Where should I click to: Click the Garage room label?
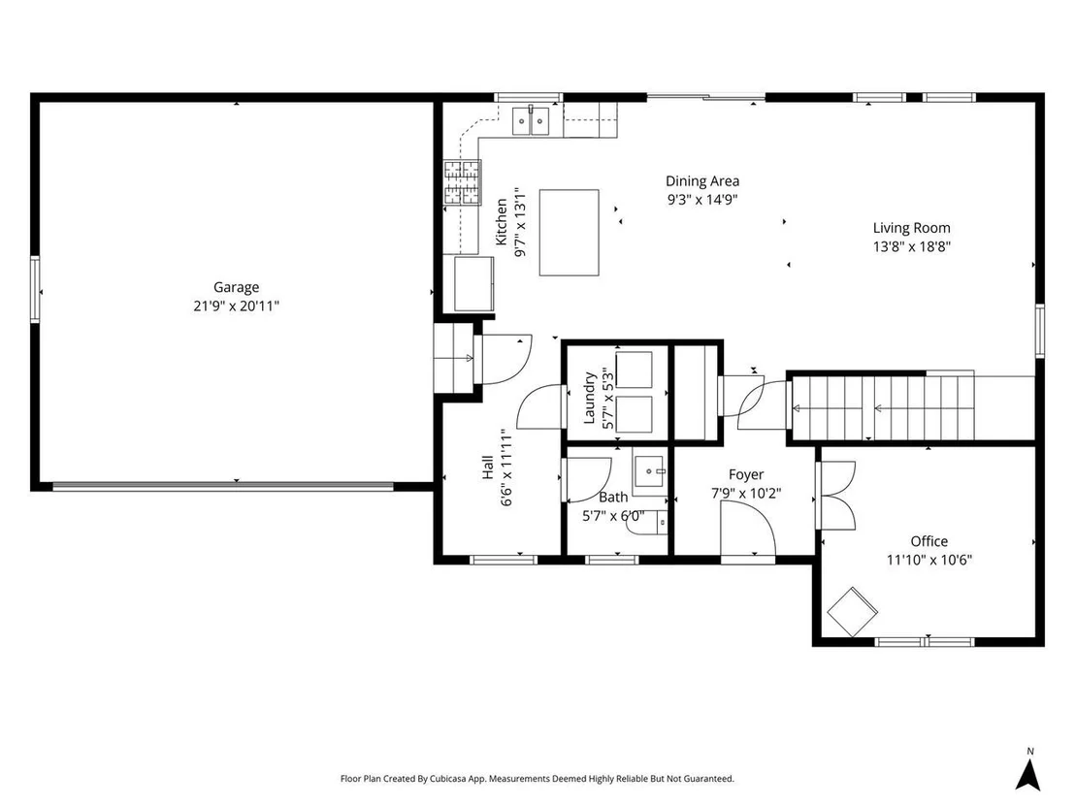(236, 288)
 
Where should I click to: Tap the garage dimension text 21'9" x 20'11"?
(236, 306)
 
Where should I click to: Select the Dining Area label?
(702, 181)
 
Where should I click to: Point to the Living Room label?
(911, 228)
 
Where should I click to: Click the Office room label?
(928, 541)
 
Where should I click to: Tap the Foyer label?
(746, 475)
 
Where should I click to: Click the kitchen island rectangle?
(570, 233)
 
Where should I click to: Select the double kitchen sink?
(531, 120)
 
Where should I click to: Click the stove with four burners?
(462, 182)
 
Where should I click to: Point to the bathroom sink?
(648, 472)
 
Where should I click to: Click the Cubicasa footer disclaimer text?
(537, 779)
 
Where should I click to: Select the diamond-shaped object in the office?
(852, 611)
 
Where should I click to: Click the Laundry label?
(589, 399)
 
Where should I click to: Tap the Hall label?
(487, 467)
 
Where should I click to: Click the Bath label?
(613, 497)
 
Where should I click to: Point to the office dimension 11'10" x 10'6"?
(928, 560)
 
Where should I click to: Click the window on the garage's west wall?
(35, 288)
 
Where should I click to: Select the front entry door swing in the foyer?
(747, 528)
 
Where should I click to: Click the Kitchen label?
(502, 222)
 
